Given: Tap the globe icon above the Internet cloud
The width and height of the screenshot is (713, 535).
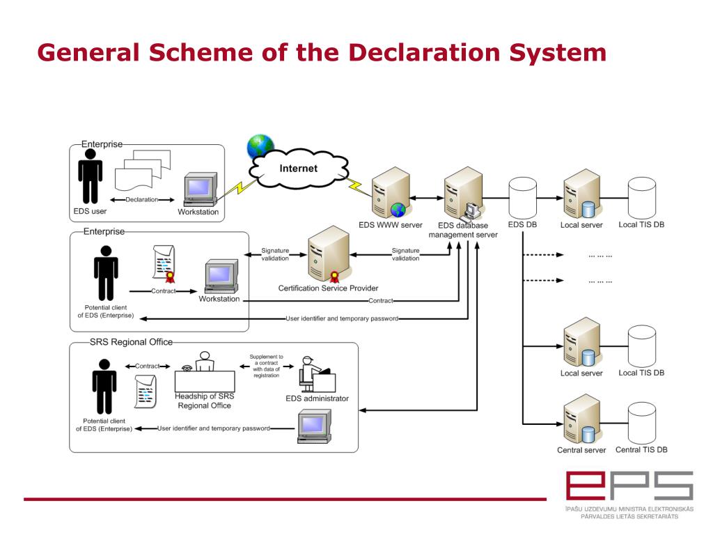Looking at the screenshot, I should (x=260, y=146).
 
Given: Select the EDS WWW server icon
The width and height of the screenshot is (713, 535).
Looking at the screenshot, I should (x=390, y=194).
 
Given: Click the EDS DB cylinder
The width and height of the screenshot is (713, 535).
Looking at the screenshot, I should (x=522, y=198).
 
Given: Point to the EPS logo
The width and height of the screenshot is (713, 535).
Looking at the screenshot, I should (x=629, y=487).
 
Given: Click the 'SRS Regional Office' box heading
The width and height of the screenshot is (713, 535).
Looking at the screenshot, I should (x=131, y=342).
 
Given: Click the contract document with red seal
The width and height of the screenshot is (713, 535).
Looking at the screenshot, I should (x=164, y=263).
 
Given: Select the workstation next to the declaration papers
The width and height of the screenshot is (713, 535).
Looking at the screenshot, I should (x=200, y=191).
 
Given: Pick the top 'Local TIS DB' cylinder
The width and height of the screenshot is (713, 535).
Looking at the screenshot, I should (x=641, y=198).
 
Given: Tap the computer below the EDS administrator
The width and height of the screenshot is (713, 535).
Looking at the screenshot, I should (x=313, y=425).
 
